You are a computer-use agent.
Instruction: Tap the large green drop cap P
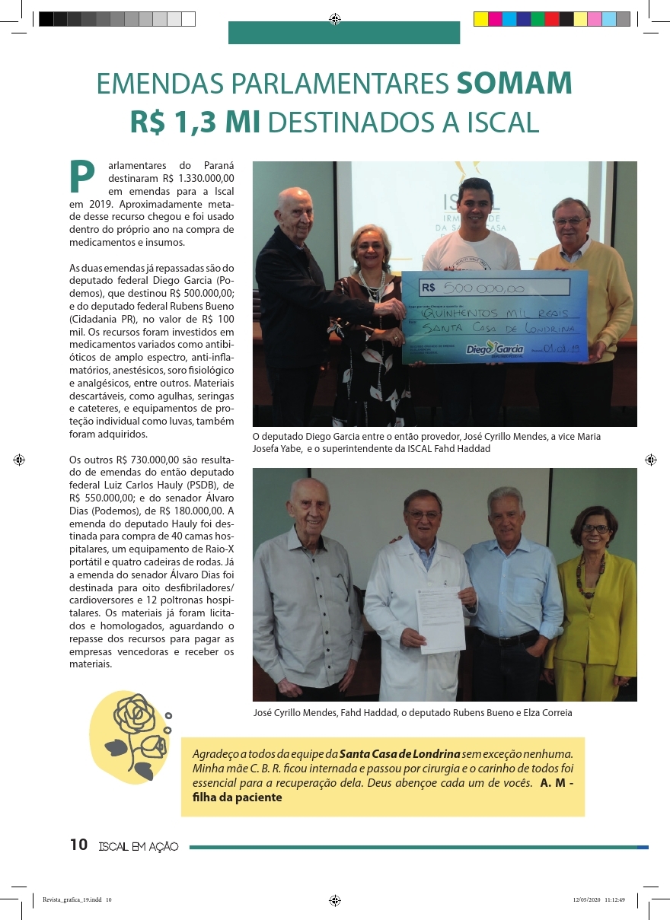coord(81,177)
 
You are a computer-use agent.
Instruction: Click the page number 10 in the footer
coord(78,845)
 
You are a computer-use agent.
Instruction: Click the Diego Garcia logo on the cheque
coord(494,349)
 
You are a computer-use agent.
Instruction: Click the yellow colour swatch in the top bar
coord(481,20)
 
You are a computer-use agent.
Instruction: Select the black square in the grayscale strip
coord(46,20)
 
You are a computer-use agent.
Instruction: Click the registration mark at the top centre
coord(335,20)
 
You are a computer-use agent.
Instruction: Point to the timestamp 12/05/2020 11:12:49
coord(598,899)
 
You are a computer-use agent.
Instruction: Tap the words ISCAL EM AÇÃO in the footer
coord(139,846)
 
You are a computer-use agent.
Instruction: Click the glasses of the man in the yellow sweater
coord(569,221)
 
